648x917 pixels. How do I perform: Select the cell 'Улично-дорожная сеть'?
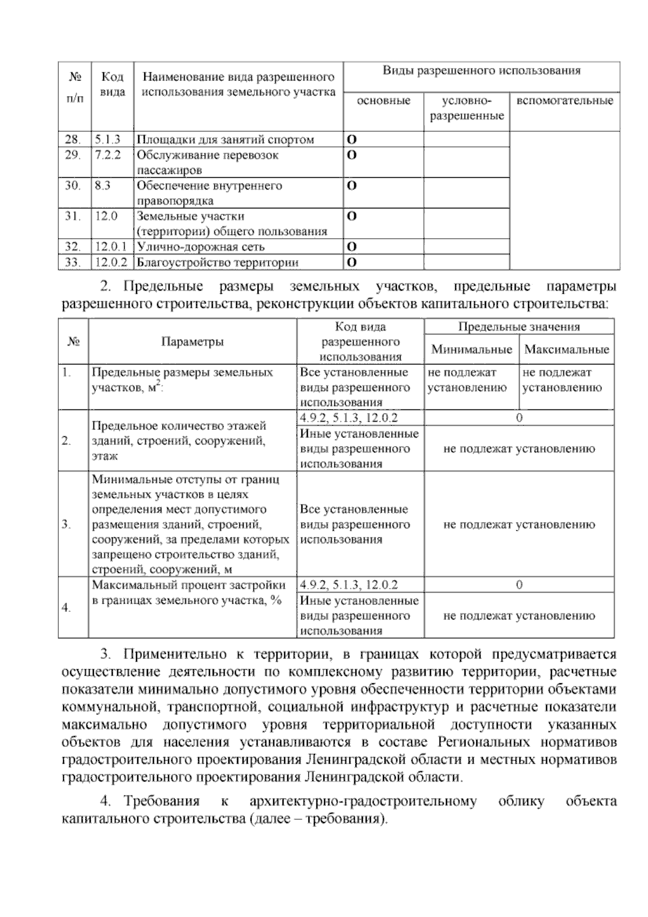200,247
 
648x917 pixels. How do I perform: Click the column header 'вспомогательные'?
564,101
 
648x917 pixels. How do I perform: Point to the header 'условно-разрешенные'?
467,108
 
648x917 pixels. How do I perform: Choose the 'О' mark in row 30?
351,186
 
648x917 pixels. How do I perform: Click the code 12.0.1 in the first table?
111,247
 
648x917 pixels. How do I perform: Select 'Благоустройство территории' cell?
217,262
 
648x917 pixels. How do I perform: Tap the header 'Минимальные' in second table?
471,349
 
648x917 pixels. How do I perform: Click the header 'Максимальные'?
566,349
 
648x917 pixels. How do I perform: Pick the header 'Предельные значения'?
518,327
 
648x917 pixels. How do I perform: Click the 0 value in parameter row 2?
519,418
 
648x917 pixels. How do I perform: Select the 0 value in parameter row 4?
519,585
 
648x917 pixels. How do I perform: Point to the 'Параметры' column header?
192,341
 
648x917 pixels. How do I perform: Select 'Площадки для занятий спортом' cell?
225,139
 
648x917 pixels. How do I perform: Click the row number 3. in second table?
67,524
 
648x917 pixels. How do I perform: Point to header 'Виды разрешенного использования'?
481,71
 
